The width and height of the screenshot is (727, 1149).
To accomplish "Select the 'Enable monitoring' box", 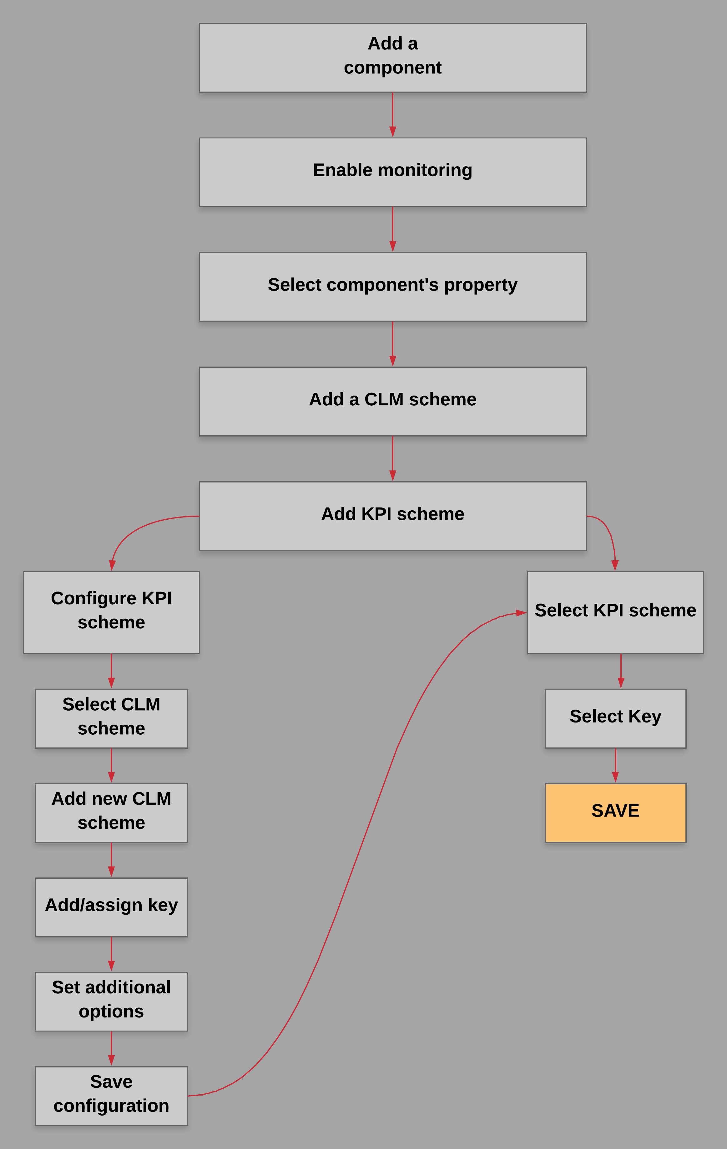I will (x=392, y=172).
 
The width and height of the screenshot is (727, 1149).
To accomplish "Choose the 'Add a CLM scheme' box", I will (x=392, y=401).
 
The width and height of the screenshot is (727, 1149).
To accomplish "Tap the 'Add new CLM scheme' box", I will (x=111, y=812).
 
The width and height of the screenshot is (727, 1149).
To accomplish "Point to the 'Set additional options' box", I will (x=111, y=1001).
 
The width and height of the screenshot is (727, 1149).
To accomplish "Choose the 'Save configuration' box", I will (x=111, y=1096).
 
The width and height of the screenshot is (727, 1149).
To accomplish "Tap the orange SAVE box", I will (x=615, y=812).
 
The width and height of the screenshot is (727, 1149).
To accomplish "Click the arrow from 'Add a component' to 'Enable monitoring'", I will (x=392, y=114).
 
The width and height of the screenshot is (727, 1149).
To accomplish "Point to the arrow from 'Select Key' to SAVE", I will (x=615, y=765).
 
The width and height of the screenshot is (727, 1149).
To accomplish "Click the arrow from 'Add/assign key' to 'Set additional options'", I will (x=111, y=954).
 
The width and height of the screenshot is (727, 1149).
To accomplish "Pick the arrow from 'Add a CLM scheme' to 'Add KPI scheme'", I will (x=392, y=458).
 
